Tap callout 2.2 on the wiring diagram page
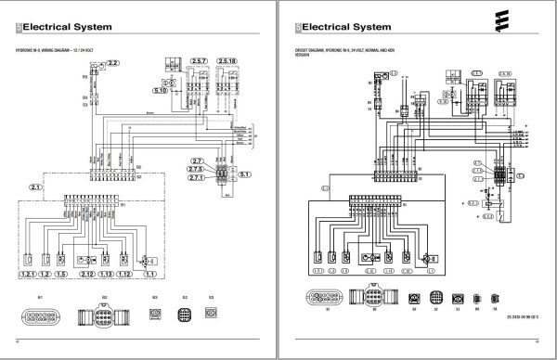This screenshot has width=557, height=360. [113, 62]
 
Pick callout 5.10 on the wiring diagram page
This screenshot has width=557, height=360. [160, 91]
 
